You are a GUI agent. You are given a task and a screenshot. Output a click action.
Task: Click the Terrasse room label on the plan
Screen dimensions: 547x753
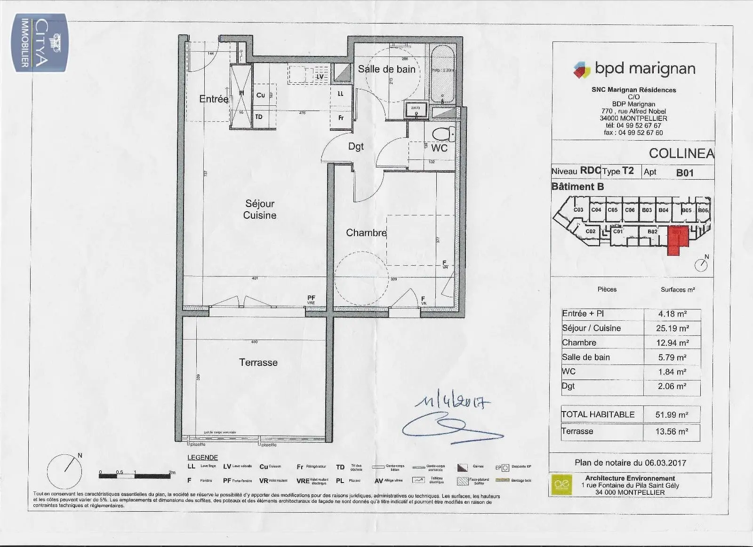258,363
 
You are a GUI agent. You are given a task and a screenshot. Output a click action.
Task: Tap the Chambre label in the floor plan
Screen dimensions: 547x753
366,233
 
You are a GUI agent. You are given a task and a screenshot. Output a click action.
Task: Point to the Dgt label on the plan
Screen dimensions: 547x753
356,147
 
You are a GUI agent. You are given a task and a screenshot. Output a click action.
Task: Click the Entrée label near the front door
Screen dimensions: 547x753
214,99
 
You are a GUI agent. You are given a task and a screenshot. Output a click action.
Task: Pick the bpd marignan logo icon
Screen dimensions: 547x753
582,70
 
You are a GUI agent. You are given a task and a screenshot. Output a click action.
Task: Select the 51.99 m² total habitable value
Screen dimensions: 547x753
672,415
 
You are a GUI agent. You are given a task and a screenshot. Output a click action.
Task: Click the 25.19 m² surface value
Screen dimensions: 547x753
673,328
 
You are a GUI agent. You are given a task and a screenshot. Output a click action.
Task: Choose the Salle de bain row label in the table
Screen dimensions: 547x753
585,357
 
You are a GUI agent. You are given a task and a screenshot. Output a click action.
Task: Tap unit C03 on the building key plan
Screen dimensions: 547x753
578,210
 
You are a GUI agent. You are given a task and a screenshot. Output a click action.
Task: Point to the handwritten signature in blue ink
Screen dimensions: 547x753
447,426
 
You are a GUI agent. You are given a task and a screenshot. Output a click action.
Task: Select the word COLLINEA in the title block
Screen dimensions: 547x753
681,154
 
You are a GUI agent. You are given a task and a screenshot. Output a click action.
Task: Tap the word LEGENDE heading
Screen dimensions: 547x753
202,457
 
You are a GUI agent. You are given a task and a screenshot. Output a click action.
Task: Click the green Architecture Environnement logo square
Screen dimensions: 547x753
561,484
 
